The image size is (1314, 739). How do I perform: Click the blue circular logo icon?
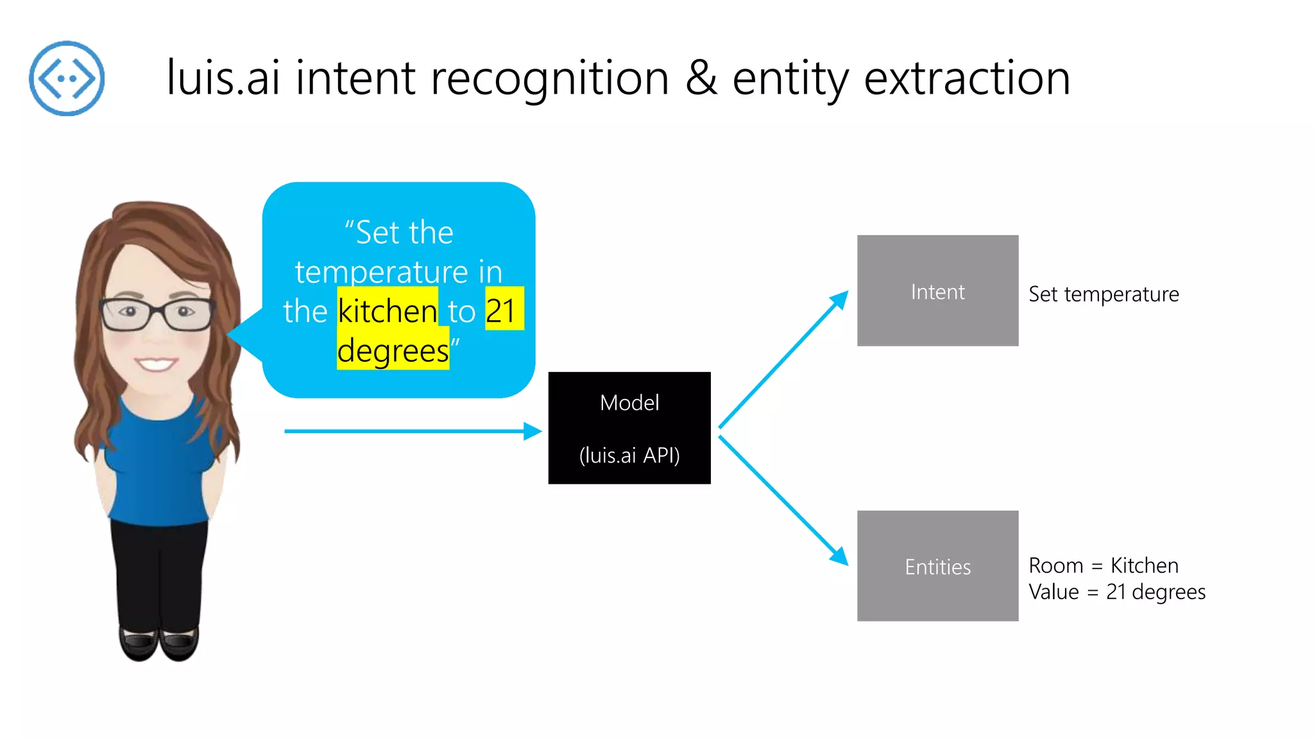67,78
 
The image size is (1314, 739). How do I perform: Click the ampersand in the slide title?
701,78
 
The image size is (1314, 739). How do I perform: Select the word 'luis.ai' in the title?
223,78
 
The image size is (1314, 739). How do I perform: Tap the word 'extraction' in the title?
967,78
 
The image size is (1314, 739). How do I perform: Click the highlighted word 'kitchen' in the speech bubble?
388,311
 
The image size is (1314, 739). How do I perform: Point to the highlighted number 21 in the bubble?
502,311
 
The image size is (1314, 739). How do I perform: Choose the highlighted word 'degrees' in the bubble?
393,351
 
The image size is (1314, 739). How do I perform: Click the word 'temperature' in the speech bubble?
381,272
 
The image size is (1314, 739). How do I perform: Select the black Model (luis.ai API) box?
629,428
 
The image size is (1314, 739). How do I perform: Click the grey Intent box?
937,291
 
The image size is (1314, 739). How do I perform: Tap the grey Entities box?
937,566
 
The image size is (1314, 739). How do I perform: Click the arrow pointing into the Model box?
411,431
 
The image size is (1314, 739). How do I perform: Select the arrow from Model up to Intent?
783,359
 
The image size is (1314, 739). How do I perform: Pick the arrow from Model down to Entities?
783,500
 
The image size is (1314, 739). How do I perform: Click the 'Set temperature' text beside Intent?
1104,294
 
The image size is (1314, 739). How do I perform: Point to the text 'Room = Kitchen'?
1104,566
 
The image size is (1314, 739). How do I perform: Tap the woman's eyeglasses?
157,314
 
